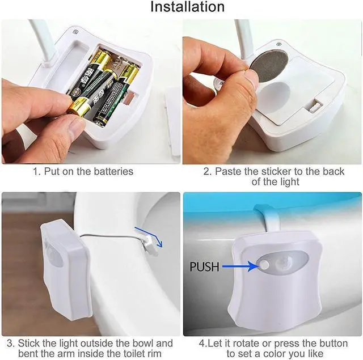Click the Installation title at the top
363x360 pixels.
point(187,7)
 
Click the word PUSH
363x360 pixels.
point(204,266)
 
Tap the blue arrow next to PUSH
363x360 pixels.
point(238,265)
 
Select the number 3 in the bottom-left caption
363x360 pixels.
point(9,343)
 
